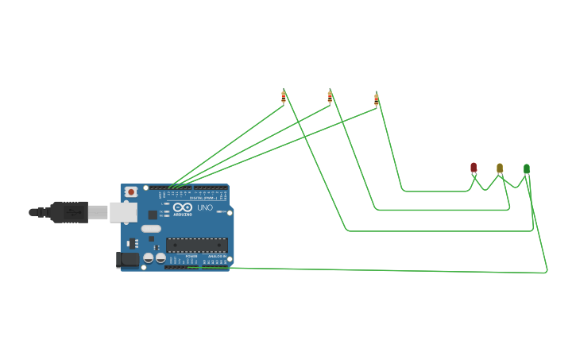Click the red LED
(x=474, y=168)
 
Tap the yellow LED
(x=500, y=168)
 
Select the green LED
(x=527, y=168)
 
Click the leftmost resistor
(x=284, y=96)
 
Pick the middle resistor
(x=330, y=96)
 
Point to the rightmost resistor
(x=377, y=99)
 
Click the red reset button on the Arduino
(x=131, y=192)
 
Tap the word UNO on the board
(x=205, y=207)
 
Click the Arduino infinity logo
(x=183, y=207)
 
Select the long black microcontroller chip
(x=196, y=245)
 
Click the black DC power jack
(x=127, y=259)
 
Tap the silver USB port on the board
(x=122, y=211)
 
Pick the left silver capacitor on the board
(x=149, y=257)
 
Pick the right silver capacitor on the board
(x=160, y=257)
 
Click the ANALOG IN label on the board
(x=215, y=257)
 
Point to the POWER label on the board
(x=191, y=257)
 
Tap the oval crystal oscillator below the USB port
(x=152, y=229)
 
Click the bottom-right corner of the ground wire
(x=547, y=273)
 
